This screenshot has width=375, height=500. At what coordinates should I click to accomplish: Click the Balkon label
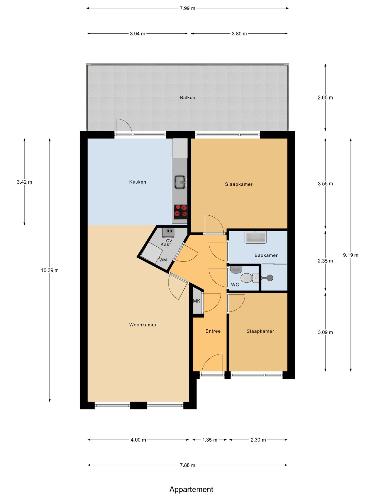point(187,98)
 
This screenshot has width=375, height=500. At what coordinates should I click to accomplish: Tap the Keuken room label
point(137,182)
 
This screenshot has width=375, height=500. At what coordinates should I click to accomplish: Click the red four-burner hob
point(180,211)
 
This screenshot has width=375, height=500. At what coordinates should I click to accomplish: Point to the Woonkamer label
point(143,325)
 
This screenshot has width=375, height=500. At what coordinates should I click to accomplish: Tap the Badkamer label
point(266,255)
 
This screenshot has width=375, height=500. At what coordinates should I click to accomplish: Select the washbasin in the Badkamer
point(255,237)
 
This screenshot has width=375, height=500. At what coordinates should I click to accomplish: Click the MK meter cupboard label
point(197,301)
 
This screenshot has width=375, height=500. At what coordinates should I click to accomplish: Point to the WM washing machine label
point(163,260)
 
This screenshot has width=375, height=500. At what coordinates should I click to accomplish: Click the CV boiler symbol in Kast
point(168,232)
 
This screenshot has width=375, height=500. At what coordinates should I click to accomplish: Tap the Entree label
point(213,331)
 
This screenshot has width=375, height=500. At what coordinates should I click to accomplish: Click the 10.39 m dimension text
point(49,270)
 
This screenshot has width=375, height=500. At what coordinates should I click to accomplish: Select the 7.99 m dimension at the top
point(187,8)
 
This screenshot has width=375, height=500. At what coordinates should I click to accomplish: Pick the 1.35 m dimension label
point(210,440)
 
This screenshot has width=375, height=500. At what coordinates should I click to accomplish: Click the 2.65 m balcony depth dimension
point(325,98)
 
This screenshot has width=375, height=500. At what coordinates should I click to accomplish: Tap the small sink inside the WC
point(236,269)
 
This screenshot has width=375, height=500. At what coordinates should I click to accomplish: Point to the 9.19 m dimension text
point(351,255)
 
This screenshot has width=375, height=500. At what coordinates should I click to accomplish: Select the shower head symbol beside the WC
point(270,278)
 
